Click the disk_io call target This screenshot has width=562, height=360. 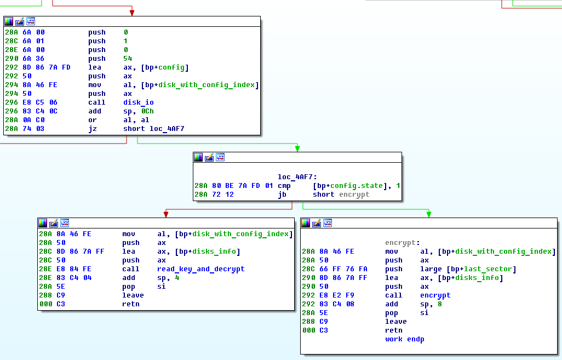(x=139, y=102)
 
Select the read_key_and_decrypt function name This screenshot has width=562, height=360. (x=200, y=269)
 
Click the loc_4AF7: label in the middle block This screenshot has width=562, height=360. (x=297, y=177)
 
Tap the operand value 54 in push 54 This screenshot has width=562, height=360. (x=128, y=59)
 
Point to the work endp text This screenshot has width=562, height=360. (x=405, y=339)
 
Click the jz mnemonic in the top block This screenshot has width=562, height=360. (x=93, y=129)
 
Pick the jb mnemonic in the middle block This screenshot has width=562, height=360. (x=282, y=195)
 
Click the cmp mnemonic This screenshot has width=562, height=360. (x=284, y=186)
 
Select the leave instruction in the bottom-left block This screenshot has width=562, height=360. (x=133, y=295)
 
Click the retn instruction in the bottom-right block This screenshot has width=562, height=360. (x=393, y=330)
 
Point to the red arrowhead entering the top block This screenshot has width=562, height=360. (x=132, y=13)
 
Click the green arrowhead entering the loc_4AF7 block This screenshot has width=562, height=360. (x=297, y=148)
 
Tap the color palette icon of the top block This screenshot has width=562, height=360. (x=9, y=21)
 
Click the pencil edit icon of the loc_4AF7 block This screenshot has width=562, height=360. (x=209, y=157)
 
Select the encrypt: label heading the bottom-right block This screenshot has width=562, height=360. (x=403, y=243)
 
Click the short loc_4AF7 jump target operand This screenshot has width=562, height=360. (x=154, y=129)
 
